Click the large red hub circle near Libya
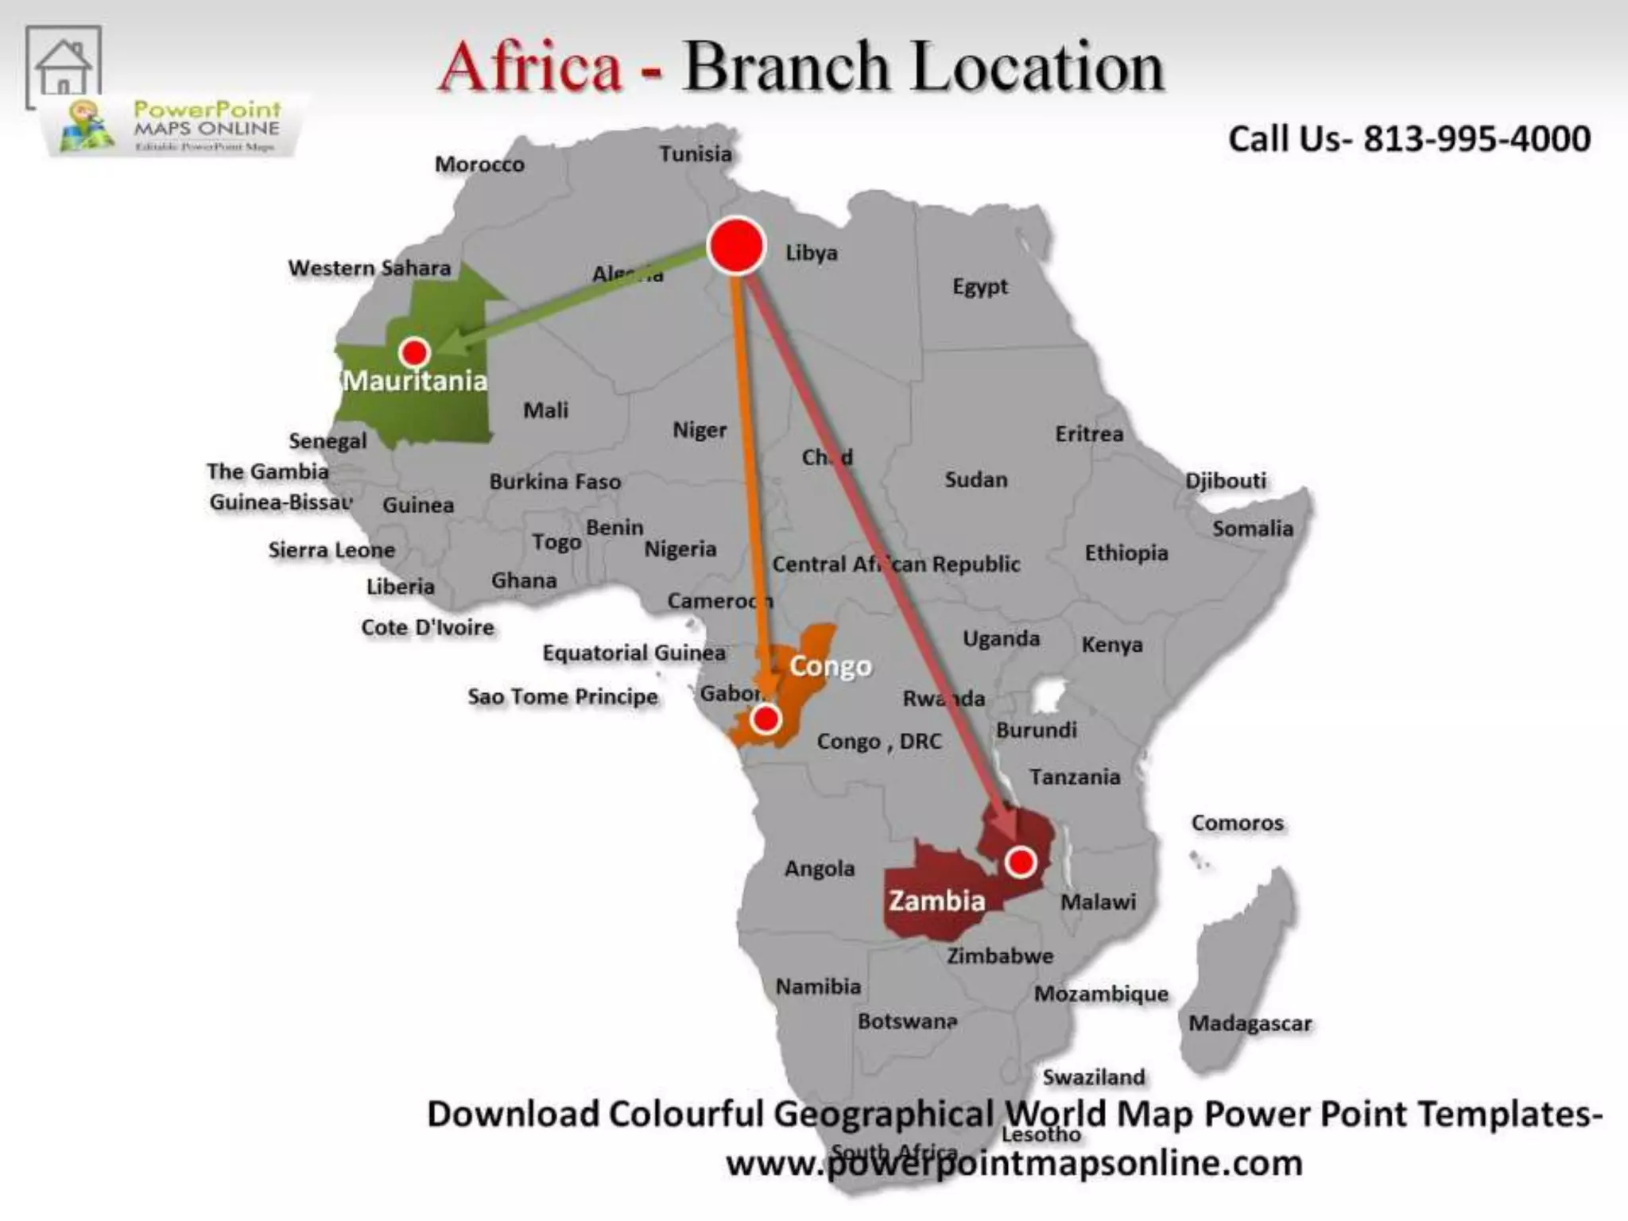pyautogui.click(x=736, y=246)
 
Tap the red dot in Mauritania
pyautogui.click(x=414, y=352)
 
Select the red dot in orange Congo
pyautogui.click(x=766, y=719)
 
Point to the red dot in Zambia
pyautogui.click(x=1021, y=862)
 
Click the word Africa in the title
pyautogui.click(x=530, y=67)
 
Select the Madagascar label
pyautogui.click(x=1250, y=1024)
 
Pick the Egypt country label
pyautogui.click(x=980, y=286)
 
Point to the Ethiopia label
pyautogui.click(x=1126, y=553)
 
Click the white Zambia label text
pyautogui.click(x=936, y=901)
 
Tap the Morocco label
pyautogui.click(x=479, y=165)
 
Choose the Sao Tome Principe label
pyautogui.click(x=563, y=697)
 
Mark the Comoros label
pyautogui.click(x=1237, y=824)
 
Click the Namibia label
pyautogui.click(x=818, y=986)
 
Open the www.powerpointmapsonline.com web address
pyautogui.click(x=1014, y=1164)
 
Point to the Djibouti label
pyautogui.click(x=1226, y=481)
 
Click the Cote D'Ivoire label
pyautogui.click(x=428, y=628)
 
